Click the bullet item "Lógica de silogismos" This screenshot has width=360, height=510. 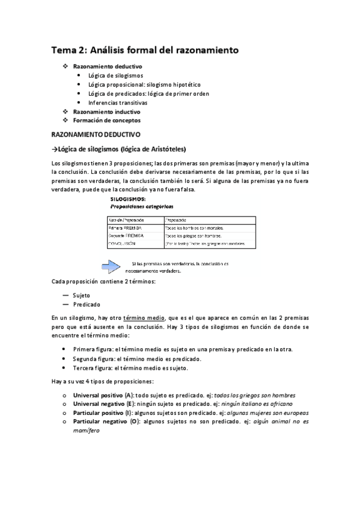click(x=115, y=75)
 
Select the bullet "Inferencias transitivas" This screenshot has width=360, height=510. click(x=117, y=102)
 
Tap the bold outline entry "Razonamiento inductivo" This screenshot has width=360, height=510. click(x=106, y=111)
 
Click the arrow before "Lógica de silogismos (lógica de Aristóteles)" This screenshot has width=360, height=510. click(x=54, y=149)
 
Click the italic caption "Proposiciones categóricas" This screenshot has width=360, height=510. click(x=140, y=206)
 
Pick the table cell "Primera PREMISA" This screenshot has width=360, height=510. click(x=125, y=229)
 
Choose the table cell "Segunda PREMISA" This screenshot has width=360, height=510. click(x=126, y=236)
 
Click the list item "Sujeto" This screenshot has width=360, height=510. click(x=81, y=295)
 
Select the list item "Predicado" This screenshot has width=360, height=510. click(x=86, y=304)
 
